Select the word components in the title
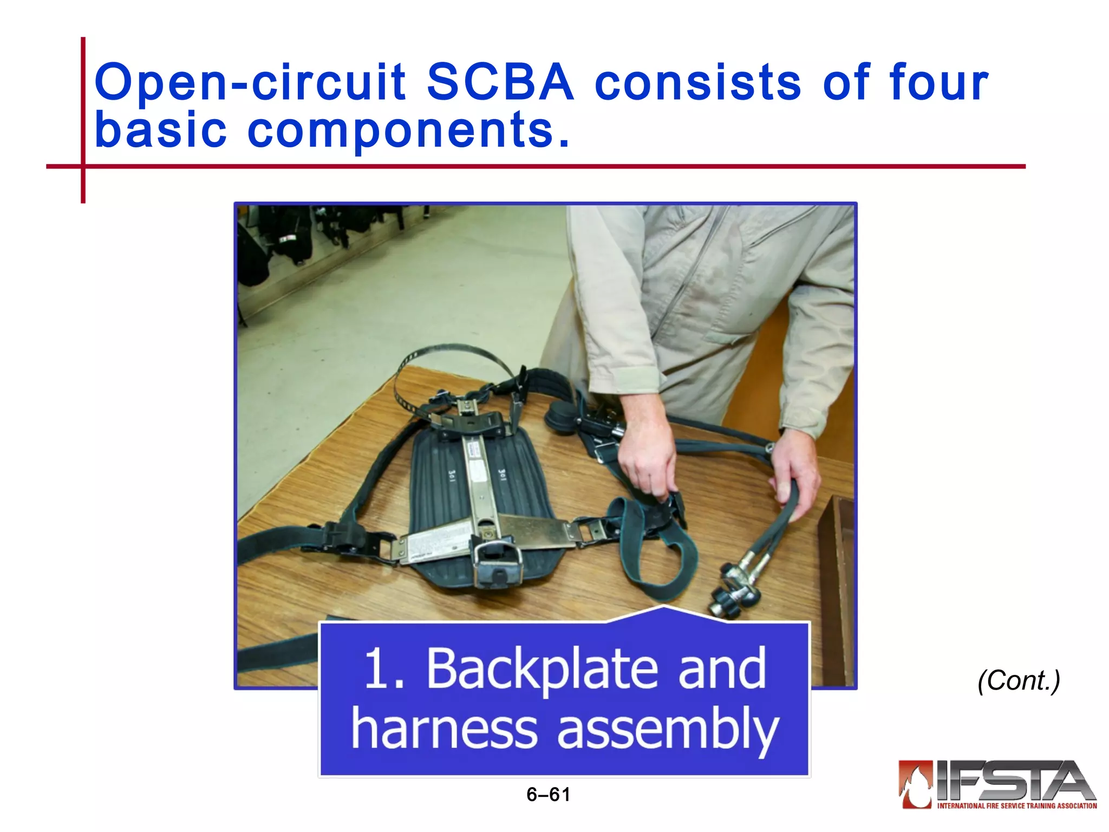(x=401, y=130)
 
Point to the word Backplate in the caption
(x=542, y=669)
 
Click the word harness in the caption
(x=444, y=728)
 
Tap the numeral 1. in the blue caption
(x=384, y=669)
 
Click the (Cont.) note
(x=1019, y=680)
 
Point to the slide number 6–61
(x=548, y=795)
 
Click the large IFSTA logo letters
(x=1013, y=780)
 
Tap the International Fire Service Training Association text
(x=1016, y=806)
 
